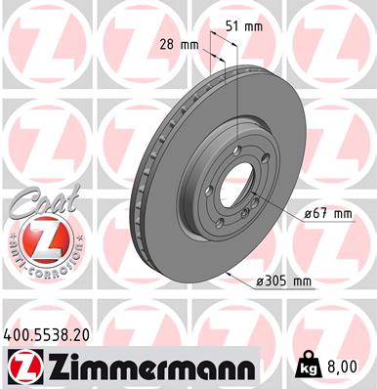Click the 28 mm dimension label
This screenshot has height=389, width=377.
click(x=178, y=45)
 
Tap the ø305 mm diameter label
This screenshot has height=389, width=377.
click(x=282, y=281)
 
